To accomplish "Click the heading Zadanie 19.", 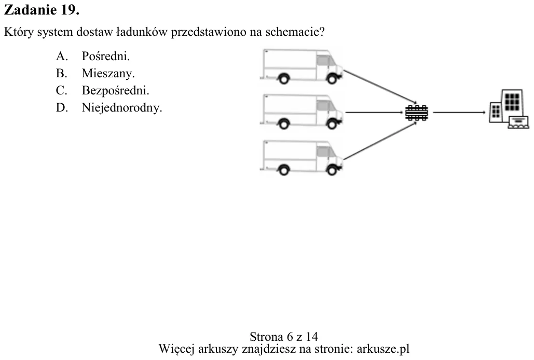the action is point(42,10).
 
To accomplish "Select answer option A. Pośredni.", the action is point(92,56).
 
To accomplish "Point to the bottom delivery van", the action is point(301,158).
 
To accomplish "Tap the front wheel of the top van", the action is point(332,79).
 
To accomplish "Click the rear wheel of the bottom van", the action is point(284,170).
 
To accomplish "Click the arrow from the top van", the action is point(380,87).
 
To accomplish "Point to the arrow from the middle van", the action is point(375,112).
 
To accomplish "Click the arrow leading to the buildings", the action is point(459,112).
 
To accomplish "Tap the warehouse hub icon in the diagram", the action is point(417,113).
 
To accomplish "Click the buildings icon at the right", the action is point(509,109).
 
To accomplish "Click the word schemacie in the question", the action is point(295,32).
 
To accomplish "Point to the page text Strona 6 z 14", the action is point(284,337).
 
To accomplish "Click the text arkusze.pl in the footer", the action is point(383,349).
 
